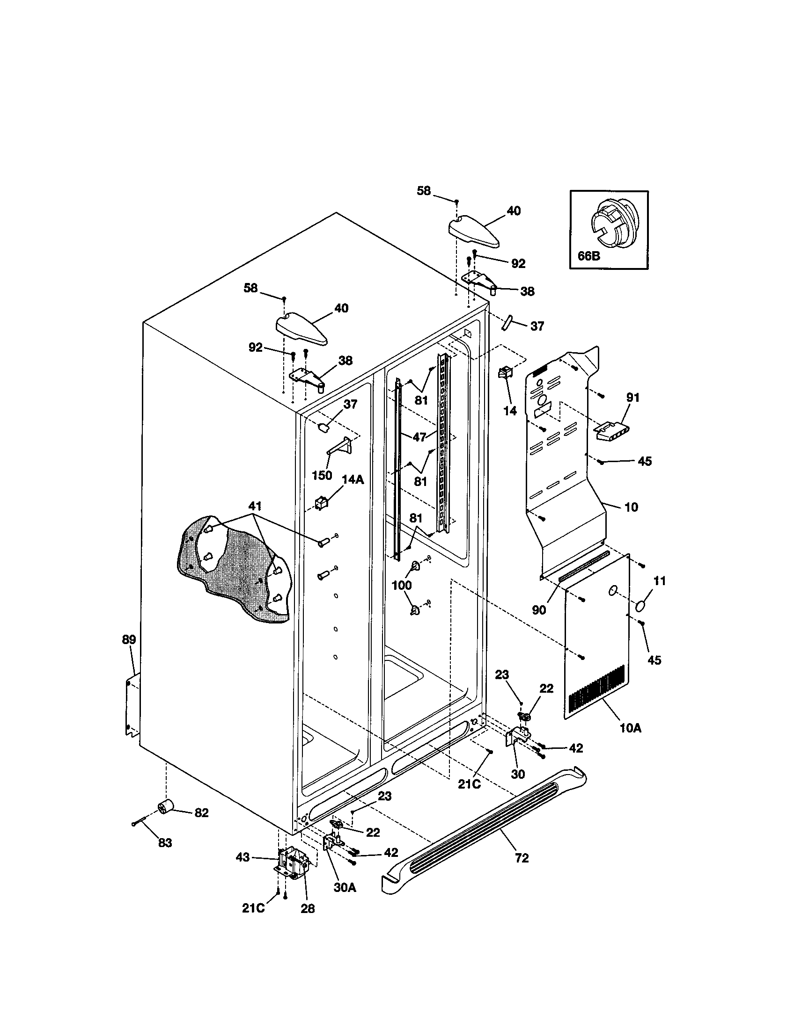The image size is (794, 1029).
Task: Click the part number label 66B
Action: click(588, 257)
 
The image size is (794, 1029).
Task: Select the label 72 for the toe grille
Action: click(522, 858)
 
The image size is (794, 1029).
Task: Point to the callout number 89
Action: click(129, 639)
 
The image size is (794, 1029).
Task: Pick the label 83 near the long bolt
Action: click(164, 843)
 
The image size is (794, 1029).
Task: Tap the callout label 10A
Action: click(631, 728)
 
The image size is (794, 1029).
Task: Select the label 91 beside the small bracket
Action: click(633, 398)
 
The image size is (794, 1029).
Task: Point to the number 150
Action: click(322, 475)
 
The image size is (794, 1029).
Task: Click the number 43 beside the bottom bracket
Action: click(243, 857)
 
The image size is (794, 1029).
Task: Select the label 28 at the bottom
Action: click(308, 909)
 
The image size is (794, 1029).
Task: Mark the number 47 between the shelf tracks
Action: click(419, 437)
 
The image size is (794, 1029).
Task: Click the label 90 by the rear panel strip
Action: click(539, 609)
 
